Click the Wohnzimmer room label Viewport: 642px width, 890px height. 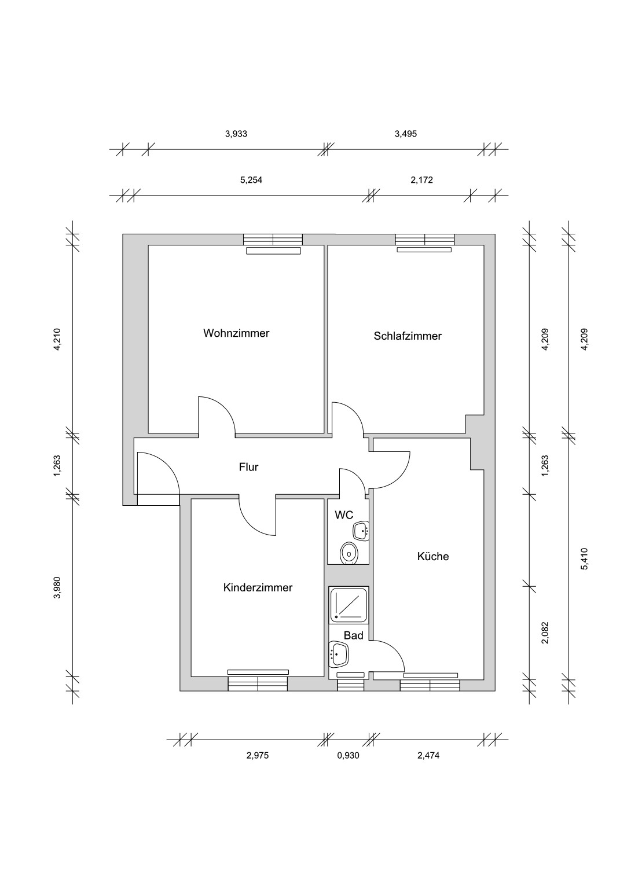[236, 333]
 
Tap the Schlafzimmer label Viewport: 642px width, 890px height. [408, 336]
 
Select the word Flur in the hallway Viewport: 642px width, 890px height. [248, 467]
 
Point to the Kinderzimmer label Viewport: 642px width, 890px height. [258, 587]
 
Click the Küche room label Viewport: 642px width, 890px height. [433, 556]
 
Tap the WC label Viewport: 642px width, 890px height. [344, 516]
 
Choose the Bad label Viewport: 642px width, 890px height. [353, 636]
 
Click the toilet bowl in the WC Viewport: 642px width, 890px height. [350, 553]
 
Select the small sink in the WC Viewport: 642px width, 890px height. [361, 531]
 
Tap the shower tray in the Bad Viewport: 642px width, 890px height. [348, 605]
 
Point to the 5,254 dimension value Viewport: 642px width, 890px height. [251, 180]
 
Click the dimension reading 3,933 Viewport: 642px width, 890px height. [236, 134]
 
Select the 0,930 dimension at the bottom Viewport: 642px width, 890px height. [348, 755]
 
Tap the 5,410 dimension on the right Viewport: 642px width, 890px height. [584, 559]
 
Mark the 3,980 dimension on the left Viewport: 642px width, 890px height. [58, 587]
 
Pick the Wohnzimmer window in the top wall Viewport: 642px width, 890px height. [273, 240]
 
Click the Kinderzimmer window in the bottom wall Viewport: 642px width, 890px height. [258, 684]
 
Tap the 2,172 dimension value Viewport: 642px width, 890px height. [422, 180]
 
